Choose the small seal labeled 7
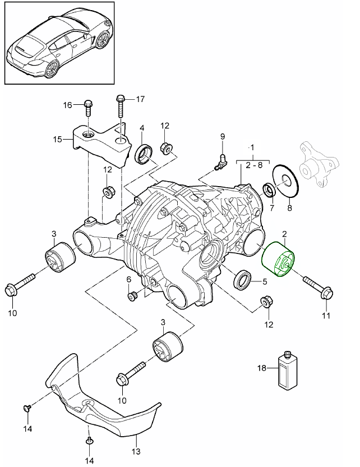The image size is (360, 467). click(x=269, y=191)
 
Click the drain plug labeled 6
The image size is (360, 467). click(x=132, y=295)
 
